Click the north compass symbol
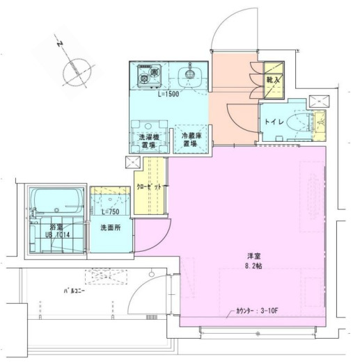76,70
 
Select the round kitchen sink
187,74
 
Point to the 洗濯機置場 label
148,141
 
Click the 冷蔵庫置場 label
191,140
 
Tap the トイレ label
273,122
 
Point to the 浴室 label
56,227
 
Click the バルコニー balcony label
74,291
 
